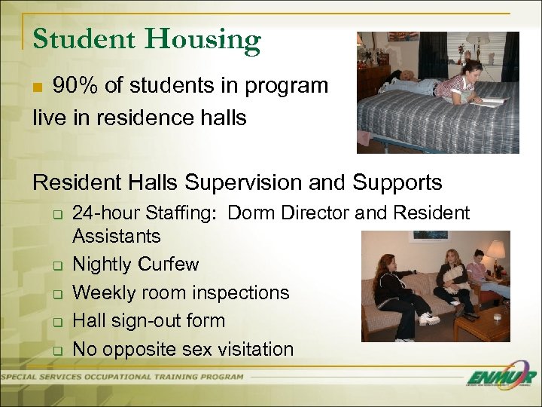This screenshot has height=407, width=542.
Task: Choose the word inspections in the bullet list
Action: click(240, 292)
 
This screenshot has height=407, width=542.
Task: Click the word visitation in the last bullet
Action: click(254, 349)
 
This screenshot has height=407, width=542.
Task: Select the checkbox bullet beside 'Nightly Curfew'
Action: click(56, 265)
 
